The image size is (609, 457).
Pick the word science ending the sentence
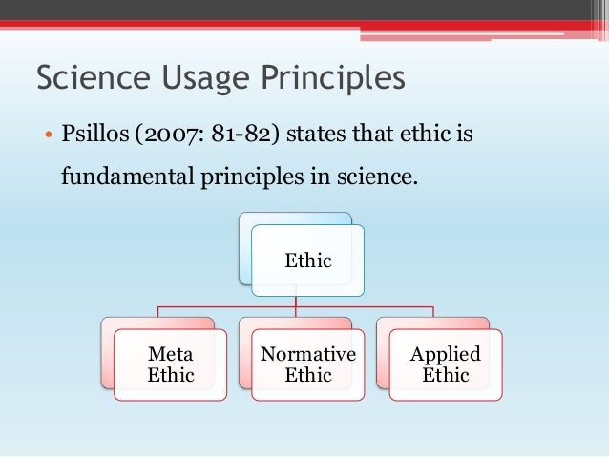tap(383, 177)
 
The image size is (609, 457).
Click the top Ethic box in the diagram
tap(307, 260)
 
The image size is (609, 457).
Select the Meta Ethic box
tap(170, 364)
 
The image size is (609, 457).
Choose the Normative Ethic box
tap(307, 364)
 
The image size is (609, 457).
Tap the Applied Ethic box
tap(445, 364)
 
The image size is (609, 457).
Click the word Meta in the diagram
tap(170, 354)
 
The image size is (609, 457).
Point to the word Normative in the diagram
tap(307, 354)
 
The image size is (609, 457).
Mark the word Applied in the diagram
tap(445, 354)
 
